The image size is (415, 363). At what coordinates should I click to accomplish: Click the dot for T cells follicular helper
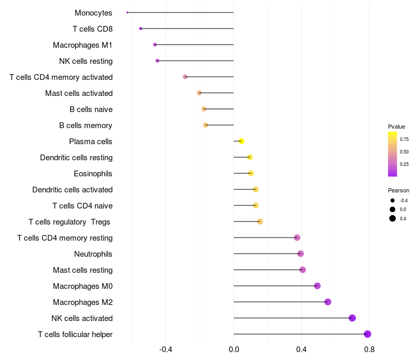point(367,334)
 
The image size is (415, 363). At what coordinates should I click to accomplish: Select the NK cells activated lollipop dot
point(352,318)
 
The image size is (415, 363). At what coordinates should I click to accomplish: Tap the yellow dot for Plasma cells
point(241,141)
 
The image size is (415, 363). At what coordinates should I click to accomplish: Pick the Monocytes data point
point(127,12)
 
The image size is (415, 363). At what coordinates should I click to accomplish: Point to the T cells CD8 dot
point(141,29)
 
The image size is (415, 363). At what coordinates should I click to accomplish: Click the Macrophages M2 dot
point(328,302)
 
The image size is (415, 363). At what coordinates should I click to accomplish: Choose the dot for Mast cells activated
point(199,93)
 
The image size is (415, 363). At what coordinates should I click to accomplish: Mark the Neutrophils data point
point(300,254)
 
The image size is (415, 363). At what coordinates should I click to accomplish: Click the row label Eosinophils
point(93,174)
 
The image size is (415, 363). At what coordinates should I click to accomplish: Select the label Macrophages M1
point(82,45)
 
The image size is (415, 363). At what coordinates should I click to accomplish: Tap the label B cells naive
point(91,109)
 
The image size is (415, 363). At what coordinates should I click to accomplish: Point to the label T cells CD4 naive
point(82,206)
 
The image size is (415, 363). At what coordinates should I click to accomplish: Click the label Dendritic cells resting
point(76,158)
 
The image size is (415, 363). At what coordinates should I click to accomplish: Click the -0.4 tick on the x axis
point(165,350)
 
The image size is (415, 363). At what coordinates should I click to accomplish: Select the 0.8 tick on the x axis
point(369,350)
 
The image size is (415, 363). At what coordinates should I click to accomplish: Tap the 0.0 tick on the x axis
point(234,350)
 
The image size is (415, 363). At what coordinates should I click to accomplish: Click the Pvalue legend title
point(396,127)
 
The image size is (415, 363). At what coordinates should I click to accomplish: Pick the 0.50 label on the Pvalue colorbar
point(404,152)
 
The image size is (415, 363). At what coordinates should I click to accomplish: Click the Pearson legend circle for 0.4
point(393,218)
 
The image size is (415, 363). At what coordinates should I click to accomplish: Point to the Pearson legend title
point(398,190)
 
